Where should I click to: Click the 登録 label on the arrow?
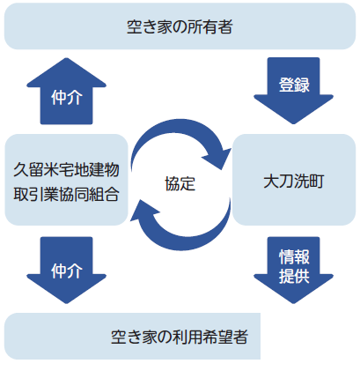coord(294,85)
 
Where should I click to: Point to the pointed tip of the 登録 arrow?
coord(293,123)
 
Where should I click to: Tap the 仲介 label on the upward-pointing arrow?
coord(67,97)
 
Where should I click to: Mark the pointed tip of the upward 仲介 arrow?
coord(67,58)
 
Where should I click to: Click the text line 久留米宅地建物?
coord(66,170)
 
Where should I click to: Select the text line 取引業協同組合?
coord(66,194)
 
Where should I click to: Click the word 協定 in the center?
coord(180,184)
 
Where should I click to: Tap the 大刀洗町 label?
coord(294,181)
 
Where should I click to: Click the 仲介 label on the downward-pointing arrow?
coord(67,271)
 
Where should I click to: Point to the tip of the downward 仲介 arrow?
coord(67,303)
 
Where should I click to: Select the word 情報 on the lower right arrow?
coord(294,256)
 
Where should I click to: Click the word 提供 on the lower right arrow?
coord(294,276)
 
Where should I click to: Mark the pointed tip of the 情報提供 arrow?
coord(293,303)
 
